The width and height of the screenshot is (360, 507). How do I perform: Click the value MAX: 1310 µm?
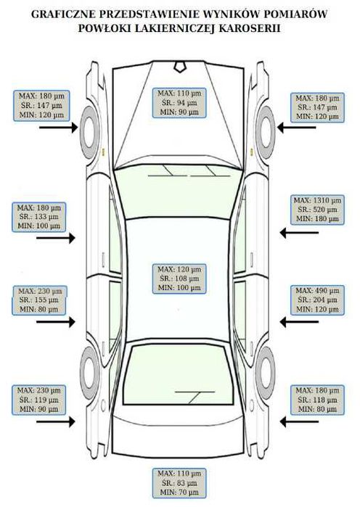(317, 200)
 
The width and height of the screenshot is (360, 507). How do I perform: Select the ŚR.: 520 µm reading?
(317, 210)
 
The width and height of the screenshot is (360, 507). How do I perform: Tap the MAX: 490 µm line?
(317, 290)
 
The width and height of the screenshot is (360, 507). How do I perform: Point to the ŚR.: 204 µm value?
(317, 300)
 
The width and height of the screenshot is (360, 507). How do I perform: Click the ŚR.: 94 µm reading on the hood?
(179, 103)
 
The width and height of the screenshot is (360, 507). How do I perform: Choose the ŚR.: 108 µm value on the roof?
(179, 279)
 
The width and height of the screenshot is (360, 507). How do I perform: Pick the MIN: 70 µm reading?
(179, 492)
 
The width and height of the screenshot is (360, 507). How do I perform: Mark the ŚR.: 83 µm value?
(179, 483)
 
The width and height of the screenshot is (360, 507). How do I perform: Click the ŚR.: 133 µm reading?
(38, 217)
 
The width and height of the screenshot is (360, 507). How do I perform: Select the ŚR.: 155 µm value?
(38, 300)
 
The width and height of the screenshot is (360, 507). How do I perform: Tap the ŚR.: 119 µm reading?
(38, 400)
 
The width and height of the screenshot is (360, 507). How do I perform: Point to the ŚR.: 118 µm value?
(317, 400)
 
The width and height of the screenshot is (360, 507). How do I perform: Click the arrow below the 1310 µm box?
(299, 233)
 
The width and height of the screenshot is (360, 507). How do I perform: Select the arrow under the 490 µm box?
(299, 322)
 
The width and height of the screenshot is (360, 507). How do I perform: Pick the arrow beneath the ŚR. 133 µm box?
(56, 239)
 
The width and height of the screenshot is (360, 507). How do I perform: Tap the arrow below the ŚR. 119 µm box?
(56, 421)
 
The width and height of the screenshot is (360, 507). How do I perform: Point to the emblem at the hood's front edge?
(179, 66)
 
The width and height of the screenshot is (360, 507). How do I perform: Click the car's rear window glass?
(179, 375)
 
